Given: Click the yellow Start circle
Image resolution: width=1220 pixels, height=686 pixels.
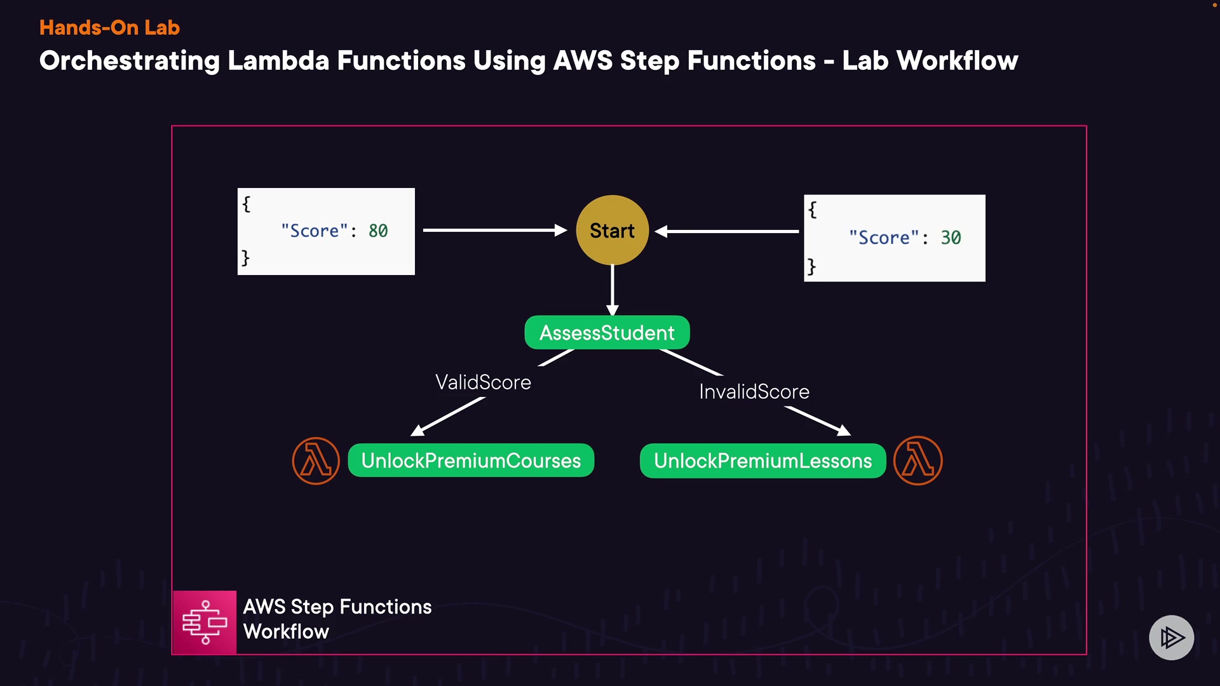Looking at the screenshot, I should point(612,230).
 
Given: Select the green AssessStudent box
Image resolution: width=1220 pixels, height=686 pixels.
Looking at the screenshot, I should point(607,333).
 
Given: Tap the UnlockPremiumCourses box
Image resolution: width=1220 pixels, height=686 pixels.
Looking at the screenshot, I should point(471,461).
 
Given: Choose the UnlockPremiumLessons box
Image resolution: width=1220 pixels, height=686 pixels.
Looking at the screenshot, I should point(762,461).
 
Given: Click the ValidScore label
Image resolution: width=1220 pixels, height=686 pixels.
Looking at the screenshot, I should point(483,382).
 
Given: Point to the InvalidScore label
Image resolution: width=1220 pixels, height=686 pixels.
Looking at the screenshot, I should point(754,392).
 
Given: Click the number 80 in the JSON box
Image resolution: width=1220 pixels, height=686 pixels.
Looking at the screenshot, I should point(378,231).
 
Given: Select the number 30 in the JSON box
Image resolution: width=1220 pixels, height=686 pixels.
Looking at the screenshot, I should point(951,238).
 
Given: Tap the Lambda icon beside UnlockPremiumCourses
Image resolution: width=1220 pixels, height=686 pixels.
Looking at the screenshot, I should point(316,461).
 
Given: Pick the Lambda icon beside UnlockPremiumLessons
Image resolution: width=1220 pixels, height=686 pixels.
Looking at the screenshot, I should point(918,461).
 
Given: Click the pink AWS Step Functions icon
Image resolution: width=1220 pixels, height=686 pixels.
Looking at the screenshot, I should point(205,622).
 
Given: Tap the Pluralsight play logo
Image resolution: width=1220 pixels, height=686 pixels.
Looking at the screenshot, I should point(1171,637).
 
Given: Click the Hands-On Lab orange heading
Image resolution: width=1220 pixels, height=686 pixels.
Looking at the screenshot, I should point(109,28).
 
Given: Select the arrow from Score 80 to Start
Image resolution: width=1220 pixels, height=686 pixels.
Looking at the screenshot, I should point(494,230).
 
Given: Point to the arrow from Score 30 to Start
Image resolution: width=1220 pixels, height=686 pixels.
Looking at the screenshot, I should point(727,231).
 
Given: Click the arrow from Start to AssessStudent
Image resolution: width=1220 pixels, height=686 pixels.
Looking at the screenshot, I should point(612,290).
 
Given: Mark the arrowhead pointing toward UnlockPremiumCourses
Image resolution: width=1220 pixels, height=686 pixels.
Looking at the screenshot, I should point(418,430).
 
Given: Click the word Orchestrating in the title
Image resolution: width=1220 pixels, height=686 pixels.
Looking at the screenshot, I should point(129,61).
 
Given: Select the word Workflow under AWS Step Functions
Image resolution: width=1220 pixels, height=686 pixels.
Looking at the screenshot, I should point(286,632).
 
